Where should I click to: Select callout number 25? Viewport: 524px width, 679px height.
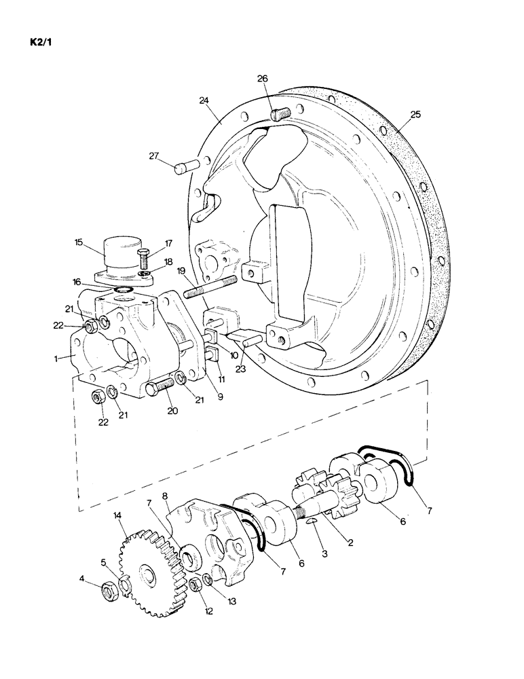point(415,115)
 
